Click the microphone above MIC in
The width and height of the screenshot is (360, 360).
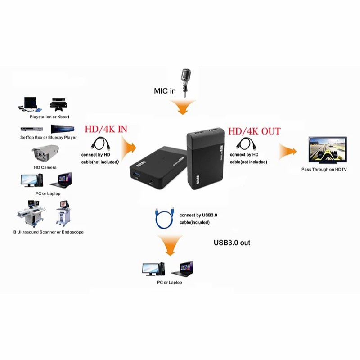(185, 80)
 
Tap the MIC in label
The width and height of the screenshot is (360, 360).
(165, 91)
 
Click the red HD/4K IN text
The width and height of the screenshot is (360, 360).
(106, 129)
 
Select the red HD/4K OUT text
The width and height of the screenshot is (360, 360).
(254, 131)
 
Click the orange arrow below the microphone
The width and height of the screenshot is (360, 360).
(182, 108)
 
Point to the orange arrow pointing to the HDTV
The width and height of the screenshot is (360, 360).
(288, 151)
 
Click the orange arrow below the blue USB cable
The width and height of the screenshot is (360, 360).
(167, 246)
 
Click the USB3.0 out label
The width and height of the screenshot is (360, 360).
(232, 243)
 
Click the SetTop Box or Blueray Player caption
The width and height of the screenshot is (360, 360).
(49, 137)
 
